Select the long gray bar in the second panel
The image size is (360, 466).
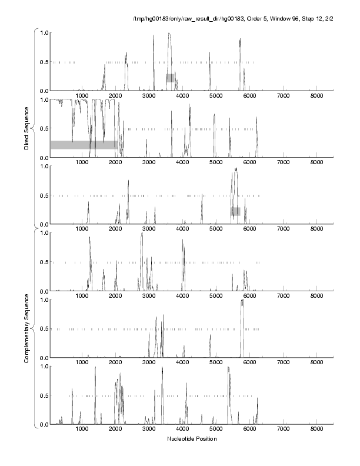pyautogui.click(x=83, y=145)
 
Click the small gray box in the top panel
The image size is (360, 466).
pyautogui.click(x=170, y=78)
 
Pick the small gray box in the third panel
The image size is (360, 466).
pyautogui.click(x=235, y=211)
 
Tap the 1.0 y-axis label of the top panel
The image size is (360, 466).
pyautogui.click(x=44, y=32)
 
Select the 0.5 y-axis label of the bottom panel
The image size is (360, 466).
pyautogui.click(x=44, y=395)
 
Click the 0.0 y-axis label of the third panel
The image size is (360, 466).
pyautogui.click(x=44, y=224)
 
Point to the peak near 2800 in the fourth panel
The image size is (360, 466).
pyautogui.click(x=142, y=235)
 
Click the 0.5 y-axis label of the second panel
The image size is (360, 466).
pyautogui.click(x=44, y=128)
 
